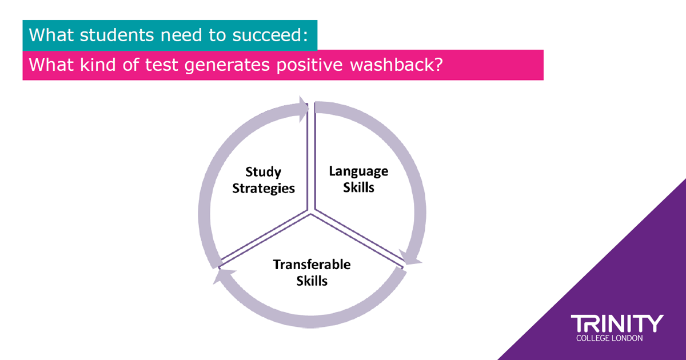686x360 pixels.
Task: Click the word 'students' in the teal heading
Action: pos(117,35)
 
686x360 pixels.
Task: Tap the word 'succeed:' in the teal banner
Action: pos(270,35)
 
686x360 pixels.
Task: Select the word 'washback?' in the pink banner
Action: pos(396,65)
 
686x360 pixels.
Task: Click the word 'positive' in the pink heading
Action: pos(309,66)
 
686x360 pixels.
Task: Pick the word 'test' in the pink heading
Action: pos(161,65)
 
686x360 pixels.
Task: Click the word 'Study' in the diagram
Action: pos(263,172)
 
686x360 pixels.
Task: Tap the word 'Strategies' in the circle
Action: pos(264,189)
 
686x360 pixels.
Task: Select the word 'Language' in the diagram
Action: pos(358,171)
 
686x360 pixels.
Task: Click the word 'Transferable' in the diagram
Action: pos(312,265)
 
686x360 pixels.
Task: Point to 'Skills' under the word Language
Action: pos(358,187)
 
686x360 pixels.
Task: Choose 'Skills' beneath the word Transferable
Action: pos(312,281)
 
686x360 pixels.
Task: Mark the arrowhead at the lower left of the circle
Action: pos(223,276)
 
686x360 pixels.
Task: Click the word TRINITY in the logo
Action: pos(617,323)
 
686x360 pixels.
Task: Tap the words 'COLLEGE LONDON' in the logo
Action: pos(609,338)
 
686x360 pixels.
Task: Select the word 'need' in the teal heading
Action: pos(181,35)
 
